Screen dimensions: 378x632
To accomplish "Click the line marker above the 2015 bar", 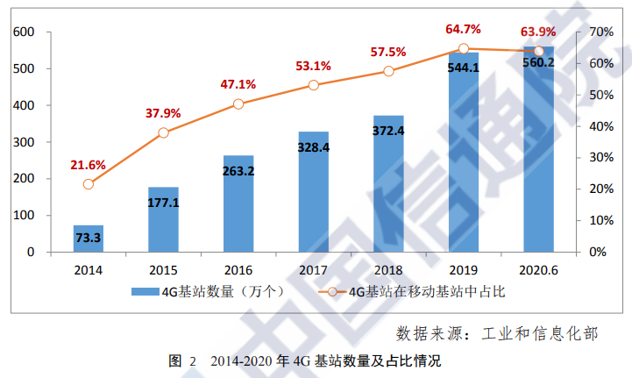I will click(x=163, y=133).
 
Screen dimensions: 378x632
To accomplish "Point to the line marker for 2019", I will click(x=464, y=49).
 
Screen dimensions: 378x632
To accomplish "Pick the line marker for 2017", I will click(x=314, y=85).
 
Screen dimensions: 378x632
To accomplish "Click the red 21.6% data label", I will click(x=88, y=165).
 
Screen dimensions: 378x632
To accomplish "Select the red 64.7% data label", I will click(x=464, y=30).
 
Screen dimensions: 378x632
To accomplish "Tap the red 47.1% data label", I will click(x=238, y=85).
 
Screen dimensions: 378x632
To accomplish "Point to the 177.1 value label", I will click(x=163, y=203).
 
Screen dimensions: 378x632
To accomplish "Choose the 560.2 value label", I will click(x=539, y=62).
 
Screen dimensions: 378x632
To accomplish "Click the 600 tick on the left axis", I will click(x=23, y=32).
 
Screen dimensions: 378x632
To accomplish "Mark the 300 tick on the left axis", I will click(x=23, y=142).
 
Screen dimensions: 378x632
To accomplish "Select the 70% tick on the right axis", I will click(x=599, y=32).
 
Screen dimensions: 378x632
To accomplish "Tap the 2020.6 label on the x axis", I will click(x=539, y=271).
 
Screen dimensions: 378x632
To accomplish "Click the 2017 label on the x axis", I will click(x=314, y=271).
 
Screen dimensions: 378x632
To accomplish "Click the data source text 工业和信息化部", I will click(x=540, y=333).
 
